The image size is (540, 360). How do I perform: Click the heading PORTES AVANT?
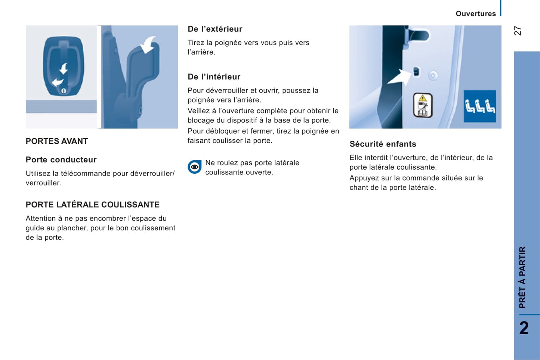tap(57, 141)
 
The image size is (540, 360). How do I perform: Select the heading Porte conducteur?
tap(61, 160)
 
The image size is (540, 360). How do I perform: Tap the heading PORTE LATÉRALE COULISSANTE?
tap(92, 205)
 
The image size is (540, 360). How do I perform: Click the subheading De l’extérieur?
tap(215, 29)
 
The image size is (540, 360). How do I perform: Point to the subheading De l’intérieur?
tap(214, 77)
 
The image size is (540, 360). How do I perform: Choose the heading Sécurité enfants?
tap(383, 144)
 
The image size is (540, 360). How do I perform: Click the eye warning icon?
tap(194, 167)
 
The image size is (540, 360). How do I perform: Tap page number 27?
tap(518, 31)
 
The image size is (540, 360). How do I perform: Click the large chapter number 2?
tap(524, 328)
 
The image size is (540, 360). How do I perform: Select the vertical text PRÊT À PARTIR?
tap(522, 277)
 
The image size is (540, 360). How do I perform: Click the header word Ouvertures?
tap(475, 14)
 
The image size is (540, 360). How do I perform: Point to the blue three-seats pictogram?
tap(480, 106)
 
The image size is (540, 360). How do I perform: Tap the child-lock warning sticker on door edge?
tap(423, 105)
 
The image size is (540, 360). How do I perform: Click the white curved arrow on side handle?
tap(149, 44)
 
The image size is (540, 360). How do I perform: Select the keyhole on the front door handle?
tap(64, 91)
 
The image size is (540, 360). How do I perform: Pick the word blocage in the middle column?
tap(201, 121)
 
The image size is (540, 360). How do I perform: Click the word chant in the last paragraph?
tap(358, 188)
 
